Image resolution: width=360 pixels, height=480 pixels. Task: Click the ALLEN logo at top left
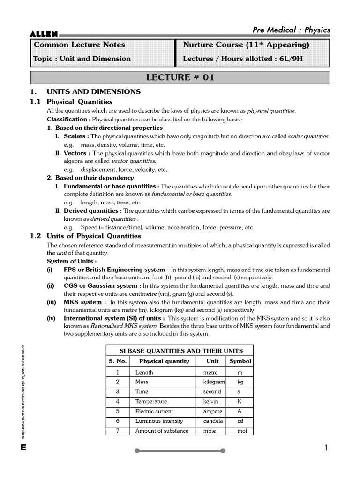(x=44, y=33)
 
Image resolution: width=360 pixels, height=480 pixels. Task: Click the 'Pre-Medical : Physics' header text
(x=291, y=30)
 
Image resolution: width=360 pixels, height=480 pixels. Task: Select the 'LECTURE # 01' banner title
(x=180, y=78)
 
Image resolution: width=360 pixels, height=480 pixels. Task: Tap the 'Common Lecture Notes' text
(x=79, y=45)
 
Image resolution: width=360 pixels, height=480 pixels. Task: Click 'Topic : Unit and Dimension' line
(x=82, y=59)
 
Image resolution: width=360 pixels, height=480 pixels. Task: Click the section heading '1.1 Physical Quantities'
(x=71, y=102)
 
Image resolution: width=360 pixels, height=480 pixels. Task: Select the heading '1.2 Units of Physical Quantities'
(x=85, y=236)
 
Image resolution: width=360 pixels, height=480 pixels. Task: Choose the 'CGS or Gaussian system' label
(x=100, y=285)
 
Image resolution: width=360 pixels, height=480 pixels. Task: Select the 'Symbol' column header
(x=240, y=361)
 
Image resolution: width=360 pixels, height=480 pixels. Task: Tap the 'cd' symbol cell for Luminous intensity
(x=240, y=421)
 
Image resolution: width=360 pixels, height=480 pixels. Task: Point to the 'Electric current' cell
(x=154, y=412)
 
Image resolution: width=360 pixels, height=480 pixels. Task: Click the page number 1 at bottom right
(x=326, y=448)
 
